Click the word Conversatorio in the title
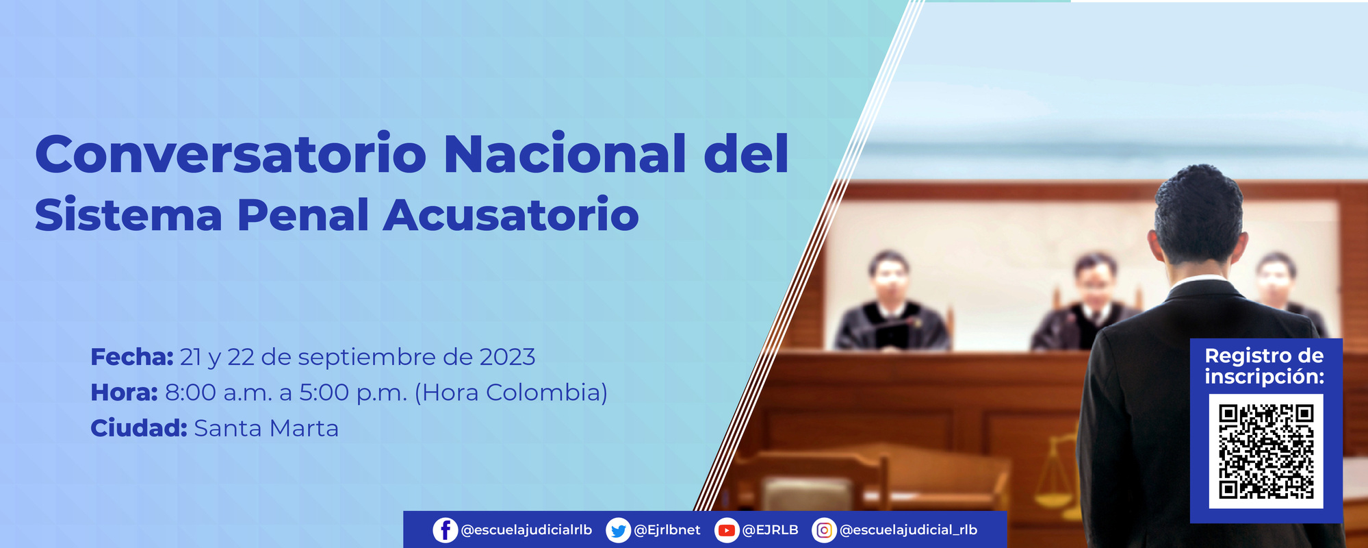pos(231,154)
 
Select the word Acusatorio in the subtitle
pos(511,215)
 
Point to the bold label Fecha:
pos(132,357)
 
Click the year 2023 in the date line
pos(507,357)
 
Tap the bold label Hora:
pos(125,393)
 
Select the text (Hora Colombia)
pos(511,393)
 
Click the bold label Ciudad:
pos(139,428)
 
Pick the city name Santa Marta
pos(266,428)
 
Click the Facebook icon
pos(446,530)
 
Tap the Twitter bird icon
pos(618,530)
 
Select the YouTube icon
pos(726,530)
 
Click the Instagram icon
pos(824,530)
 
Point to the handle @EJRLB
pos(770,530)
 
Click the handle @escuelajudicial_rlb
pos(908,530)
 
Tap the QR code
pos(1266,451)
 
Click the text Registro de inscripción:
pos(1264,366)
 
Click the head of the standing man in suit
pos(1199,216)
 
